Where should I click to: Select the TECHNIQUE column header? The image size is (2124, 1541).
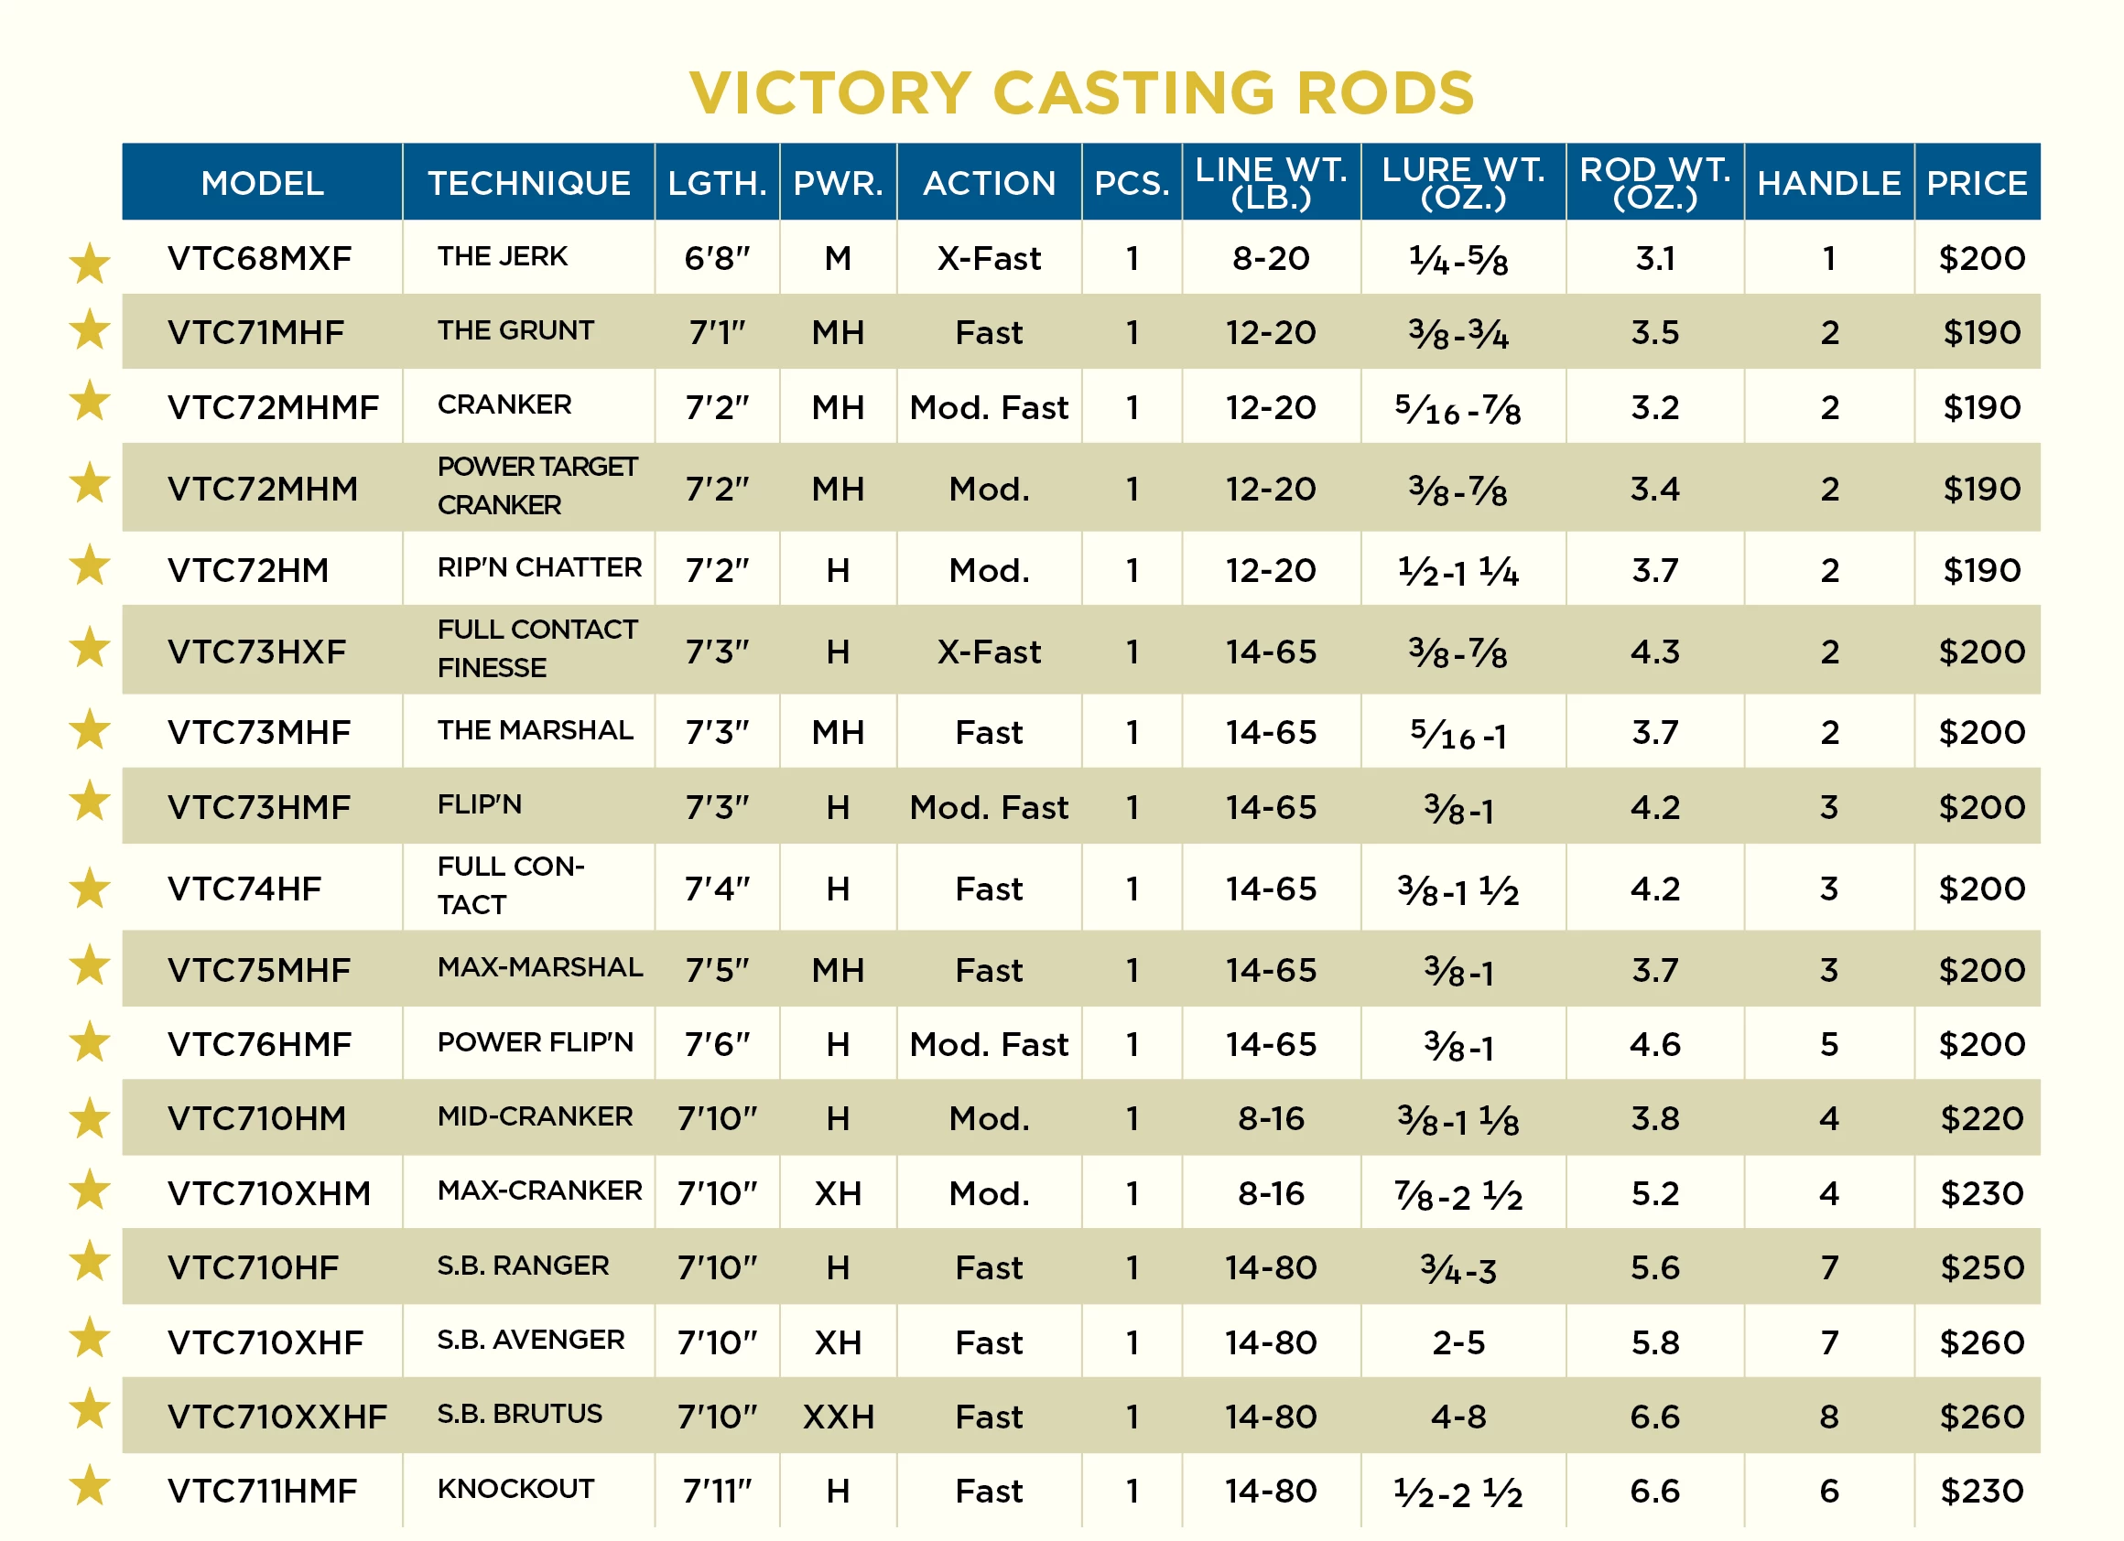pyautogui.click(x=528, y=183)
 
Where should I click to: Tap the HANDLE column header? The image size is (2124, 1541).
pyautogui.click(x=1828, y=183)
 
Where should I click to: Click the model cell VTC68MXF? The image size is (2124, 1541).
pyautogui.click(x=259, y=258)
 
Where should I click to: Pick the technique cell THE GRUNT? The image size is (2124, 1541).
pyautogui.click(x=515, y=330)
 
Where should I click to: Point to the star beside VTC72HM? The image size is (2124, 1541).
pyautogui.click(x=90, y=566)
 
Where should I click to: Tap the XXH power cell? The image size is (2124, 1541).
pyautogui.click(x=839, y=1417)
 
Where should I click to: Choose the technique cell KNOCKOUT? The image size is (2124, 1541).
pyautogui.click(x=515, y=1490)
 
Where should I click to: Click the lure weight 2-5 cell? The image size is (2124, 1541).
pyautogui.click(x=1458, y=1343)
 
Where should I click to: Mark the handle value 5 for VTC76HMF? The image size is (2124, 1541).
pyautogui.click(x=1828, y=1045)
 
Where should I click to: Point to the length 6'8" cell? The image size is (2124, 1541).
pyautogui.click(x=717, y=258)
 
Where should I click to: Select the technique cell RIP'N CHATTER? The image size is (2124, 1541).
pyautogui.click(x=539, y=567)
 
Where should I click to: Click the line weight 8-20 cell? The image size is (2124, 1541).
pyautogui.click(x=1271, y=258)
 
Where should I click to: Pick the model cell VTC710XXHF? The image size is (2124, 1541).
pyautogui.click(x=277, y=1417)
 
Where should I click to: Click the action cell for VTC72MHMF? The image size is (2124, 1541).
pyautogui.click(x=989, y=408)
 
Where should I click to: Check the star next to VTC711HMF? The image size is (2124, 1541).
pyautogui.click(x=90, y=1486)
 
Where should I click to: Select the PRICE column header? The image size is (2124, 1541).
pyautogui.click(x=1976, y=183)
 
